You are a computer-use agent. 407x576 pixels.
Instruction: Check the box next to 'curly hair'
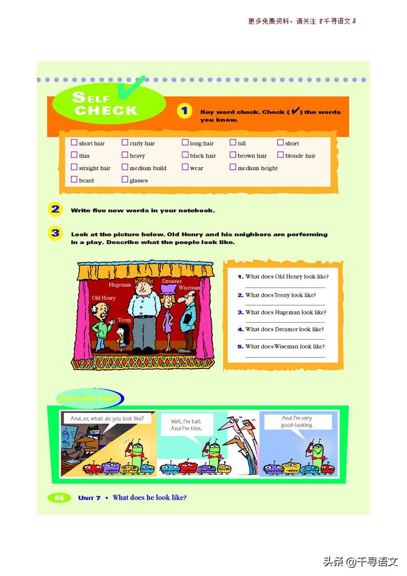pyautogui.click(x=125, y=143)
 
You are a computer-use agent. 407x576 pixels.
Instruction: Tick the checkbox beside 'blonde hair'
pyautogui.click(x=281, y=155)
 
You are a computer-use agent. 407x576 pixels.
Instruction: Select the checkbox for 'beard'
pyautogui.click(x=74, y=180)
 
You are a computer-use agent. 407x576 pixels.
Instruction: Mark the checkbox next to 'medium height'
pyautogui.click(x=233, y=167)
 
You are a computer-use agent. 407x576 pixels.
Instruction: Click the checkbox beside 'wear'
pyautogui.click(x=185, y=167)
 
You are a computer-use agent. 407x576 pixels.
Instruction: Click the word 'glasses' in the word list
pyautogui.click(x=138, y=181)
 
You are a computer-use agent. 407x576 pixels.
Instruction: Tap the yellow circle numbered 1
pyautogui.click(x=184, y=111)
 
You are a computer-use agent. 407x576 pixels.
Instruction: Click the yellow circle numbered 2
pyautogui.click(x=55, y=209)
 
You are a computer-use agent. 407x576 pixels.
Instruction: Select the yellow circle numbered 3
pyautogui.click(x=55, y=233)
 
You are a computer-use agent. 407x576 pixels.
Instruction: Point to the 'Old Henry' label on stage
pyautogui.click(x=104, y=298)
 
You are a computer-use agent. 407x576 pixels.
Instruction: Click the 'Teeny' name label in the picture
pyautogui.click(x=125, y=320)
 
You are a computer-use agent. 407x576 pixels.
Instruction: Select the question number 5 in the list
pyautogui.click(x=240, y=347)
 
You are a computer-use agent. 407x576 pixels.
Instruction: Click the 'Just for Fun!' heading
pyautogui.click(x=89, y=399)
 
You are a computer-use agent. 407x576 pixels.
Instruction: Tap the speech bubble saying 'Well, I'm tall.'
pyautogui.click(x=186, y=425)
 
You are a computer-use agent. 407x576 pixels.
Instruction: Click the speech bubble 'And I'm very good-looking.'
pyautogui.click(x=297, y=422)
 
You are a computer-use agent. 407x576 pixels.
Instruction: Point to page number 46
pyautogui.click(x=59, y=498)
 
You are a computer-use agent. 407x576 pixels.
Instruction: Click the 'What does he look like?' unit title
pyautogui.click(x=149, y=498)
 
